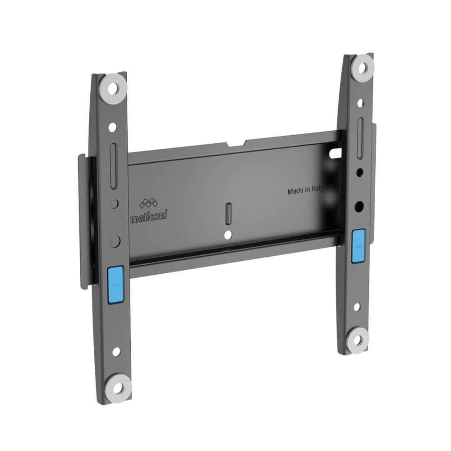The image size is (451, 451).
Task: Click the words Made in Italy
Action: click(x=305, y=191)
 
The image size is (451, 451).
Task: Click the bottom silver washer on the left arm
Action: click(x=115, y=385)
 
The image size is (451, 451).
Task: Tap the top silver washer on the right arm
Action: click(x=364, y=66)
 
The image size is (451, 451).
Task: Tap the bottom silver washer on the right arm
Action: click(x=359, y=336)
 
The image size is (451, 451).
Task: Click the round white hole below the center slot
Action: click(x=229, y=234)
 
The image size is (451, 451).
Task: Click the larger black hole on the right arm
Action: click(x=359, y=206)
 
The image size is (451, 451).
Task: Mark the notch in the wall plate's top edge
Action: click(x=235, y=144)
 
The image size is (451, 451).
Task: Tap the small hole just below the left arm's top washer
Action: click(x=113, y=127)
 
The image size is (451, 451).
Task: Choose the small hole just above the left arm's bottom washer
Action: click(x=116, y=351)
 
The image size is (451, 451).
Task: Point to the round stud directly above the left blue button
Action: click(x=115, y=240)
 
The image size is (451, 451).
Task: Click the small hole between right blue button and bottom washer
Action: click(x=357, y=307)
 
